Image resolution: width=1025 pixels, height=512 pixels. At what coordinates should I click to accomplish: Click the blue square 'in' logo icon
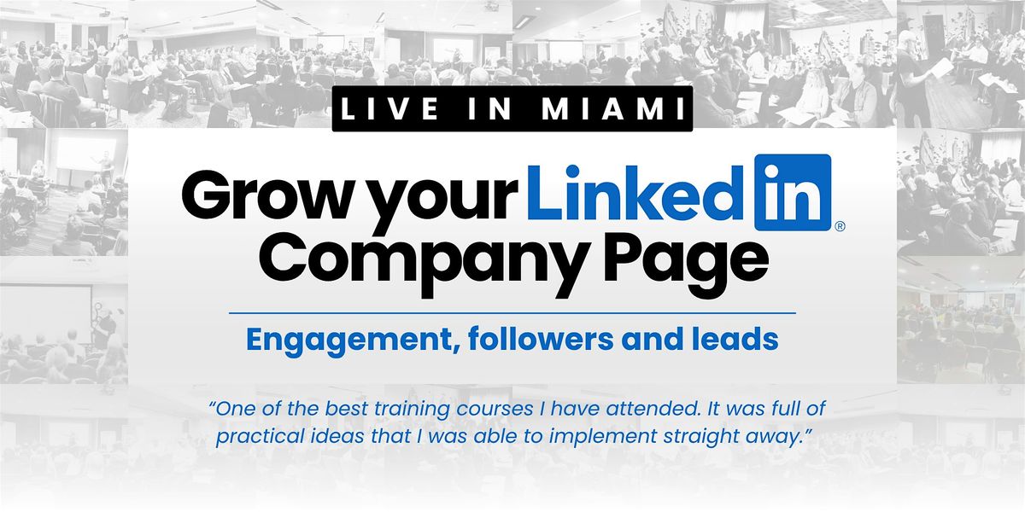(793, 192)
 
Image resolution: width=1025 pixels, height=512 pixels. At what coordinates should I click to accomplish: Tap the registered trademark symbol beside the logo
(840, 226)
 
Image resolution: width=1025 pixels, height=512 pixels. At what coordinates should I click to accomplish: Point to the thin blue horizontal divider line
(512, 313)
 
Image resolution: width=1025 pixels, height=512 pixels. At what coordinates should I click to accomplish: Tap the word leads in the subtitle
(738, 340)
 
